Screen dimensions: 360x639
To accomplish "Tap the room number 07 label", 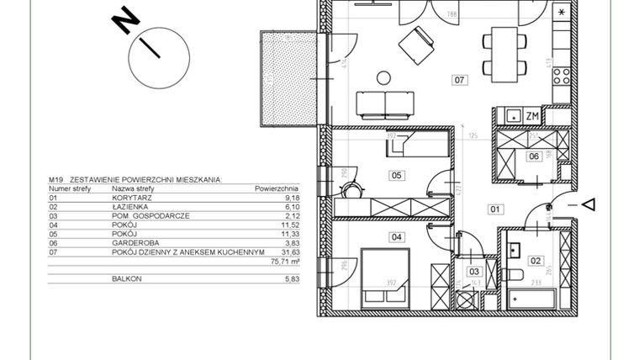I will tap(459, 82).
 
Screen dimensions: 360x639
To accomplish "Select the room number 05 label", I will tap(395, 175).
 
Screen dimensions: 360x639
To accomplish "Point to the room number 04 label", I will tap(395, 237).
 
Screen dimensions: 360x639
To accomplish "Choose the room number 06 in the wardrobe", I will tap(532, 156).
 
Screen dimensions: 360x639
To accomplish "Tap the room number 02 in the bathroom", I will tap(536, 260).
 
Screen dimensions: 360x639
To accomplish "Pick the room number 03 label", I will tap(474, 272).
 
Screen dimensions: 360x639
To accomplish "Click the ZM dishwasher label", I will tap(531, 116).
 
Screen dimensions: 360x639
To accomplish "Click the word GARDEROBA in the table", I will tap(133, 243).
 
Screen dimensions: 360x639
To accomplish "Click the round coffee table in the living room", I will tap(383, 79).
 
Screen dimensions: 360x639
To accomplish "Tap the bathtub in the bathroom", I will tap(532, 299).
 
